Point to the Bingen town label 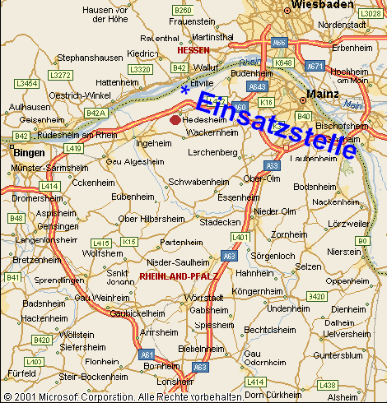coord(28,152)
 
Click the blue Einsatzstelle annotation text coord(275,123)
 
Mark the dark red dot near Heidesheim coord(175,120)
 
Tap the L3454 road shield coord(27,83)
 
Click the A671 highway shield coord(313,63)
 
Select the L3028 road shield coord(371,13)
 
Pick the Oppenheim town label coord(347,281)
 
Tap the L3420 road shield coord(316,295)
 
